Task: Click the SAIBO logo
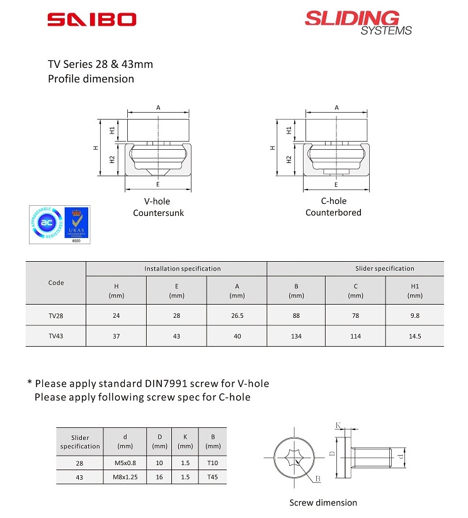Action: point(91,20)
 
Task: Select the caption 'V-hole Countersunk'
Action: point(158,207)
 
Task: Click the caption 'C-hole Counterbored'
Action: point(333,207)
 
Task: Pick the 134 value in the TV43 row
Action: point(296,336)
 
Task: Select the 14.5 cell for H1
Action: point(414,336)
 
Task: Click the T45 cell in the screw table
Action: point(213,478)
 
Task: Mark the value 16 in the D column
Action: point(160,478)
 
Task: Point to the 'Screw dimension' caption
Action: point(323,503)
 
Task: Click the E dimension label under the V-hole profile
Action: point(158,185)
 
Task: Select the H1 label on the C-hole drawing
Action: point(289,131)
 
